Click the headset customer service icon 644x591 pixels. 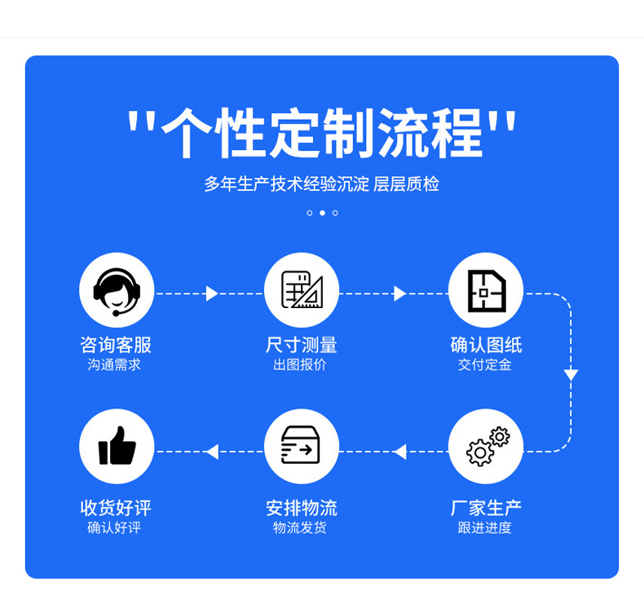coord(117,290)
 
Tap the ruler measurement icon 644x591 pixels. coord(302,290)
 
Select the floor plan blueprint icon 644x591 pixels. coord(486,290)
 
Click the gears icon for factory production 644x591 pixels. coord(486,447)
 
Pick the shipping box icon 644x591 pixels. coord(302,447)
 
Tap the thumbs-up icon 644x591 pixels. coord(117,447)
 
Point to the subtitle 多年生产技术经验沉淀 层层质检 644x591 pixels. coord(322,184)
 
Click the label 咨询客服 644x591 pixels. coord(116,345)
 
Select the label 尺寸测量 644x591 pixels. coord(301,345)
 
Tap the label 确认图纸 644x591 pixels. coord(486,345)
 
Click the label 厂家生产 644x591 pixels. coord(486,508)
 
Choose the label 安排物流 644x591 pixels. coord(301,508)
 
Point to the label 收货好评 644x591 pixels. coord(116,508)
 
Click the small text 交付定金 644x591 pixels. coord(485,365)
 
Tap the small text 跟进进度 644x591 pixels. coord(485,528)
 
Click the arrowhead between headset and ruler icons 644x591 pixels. coord(212,293)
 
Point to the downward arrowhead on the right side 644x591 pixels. coord(571,375)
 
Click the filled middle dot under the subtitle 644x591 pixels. coord(322,213)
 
